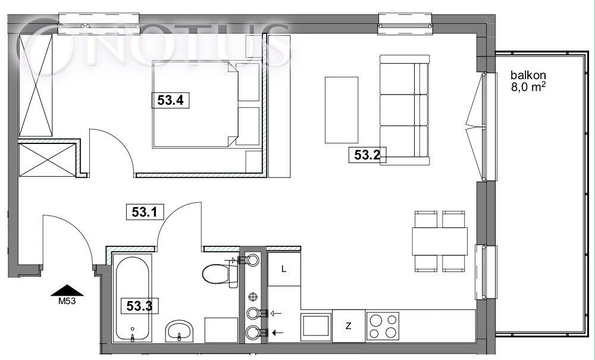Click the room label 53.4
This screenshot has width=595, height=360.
click(x=170, y=101)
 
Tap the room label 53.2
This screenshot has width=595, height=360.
click(x=367, y=155)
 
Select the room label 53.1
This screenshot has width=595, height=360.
click(x=145, y=212)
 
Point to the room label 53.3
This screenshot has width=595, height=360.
click(x=139, y=306)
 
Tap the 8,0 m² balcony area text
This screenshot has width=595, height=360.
click(x=528, y=87)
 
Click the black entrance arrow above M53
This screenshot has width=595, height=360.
click(x=67, y=290)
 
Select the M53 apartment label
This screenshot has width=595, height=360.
click(x=67, y=302)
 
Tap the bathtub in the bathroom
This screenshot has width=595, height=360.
click(x=132, y=299)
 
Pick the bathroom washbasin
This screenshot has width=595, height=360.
click(x=180, y=331)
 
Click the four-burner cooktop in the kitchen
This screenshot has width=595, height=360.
click(x=383, y=325)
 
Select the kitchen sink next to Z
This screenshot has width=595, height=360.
click(x=317, y=325)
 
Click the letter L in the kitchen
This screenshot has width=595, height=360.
click(x=283, y=270)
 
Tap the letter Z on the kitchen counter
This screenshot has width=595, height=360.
click(x=348, y=326)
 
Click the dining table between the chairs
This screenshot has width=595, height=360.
click(x=440, y=241)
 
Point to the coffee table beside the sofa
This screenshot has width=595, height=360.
click(x=342, y=110)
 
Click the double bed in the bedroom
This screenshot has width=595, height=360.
click(x=195, y=104)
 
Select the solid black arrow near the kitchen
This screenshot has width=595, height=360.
click(x=278, y=333)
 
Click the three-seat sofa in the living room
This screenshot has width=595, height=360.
click(x=405, y=109)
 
